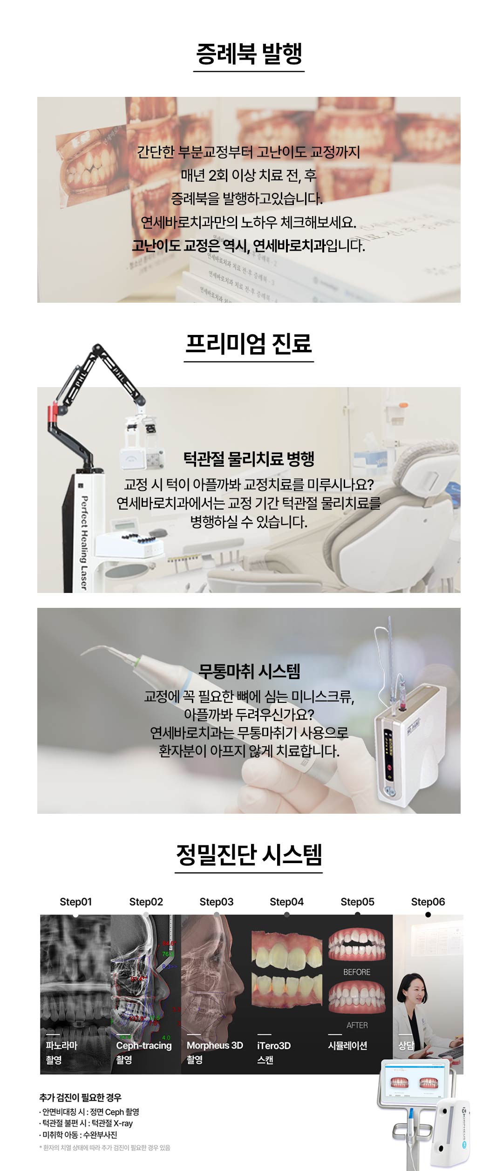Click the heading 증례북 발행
pos(249,54)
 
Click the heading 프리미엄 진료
pos(249,344)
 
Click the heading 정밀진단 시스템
pos(249,854)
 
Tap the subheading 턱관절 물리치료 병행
pos(249,459)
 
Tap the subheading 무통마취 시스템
pos(249,671)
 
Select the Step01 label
pos(75,902)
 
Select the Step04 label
pos(286,902)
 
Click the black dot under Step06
pos(428,915)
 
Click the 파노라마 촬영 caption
pos(61,1052)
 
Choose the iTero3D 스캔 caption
pos(273,1052)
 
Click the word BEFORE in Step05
pos(357,972)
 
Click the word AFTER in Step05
pos(357,1025)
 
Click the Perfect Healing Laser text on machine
pos(84,543)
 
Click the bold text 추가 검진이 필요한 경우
pos(80,1097)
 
